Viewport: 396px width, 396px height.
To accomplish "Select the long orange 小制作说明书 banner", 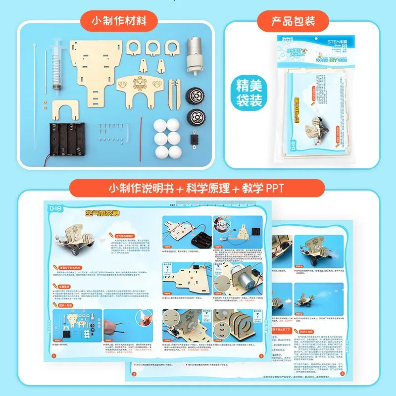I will coord(197,188).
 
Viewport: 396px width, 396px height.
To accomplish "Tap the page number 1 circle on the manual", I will coord(55,355).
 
